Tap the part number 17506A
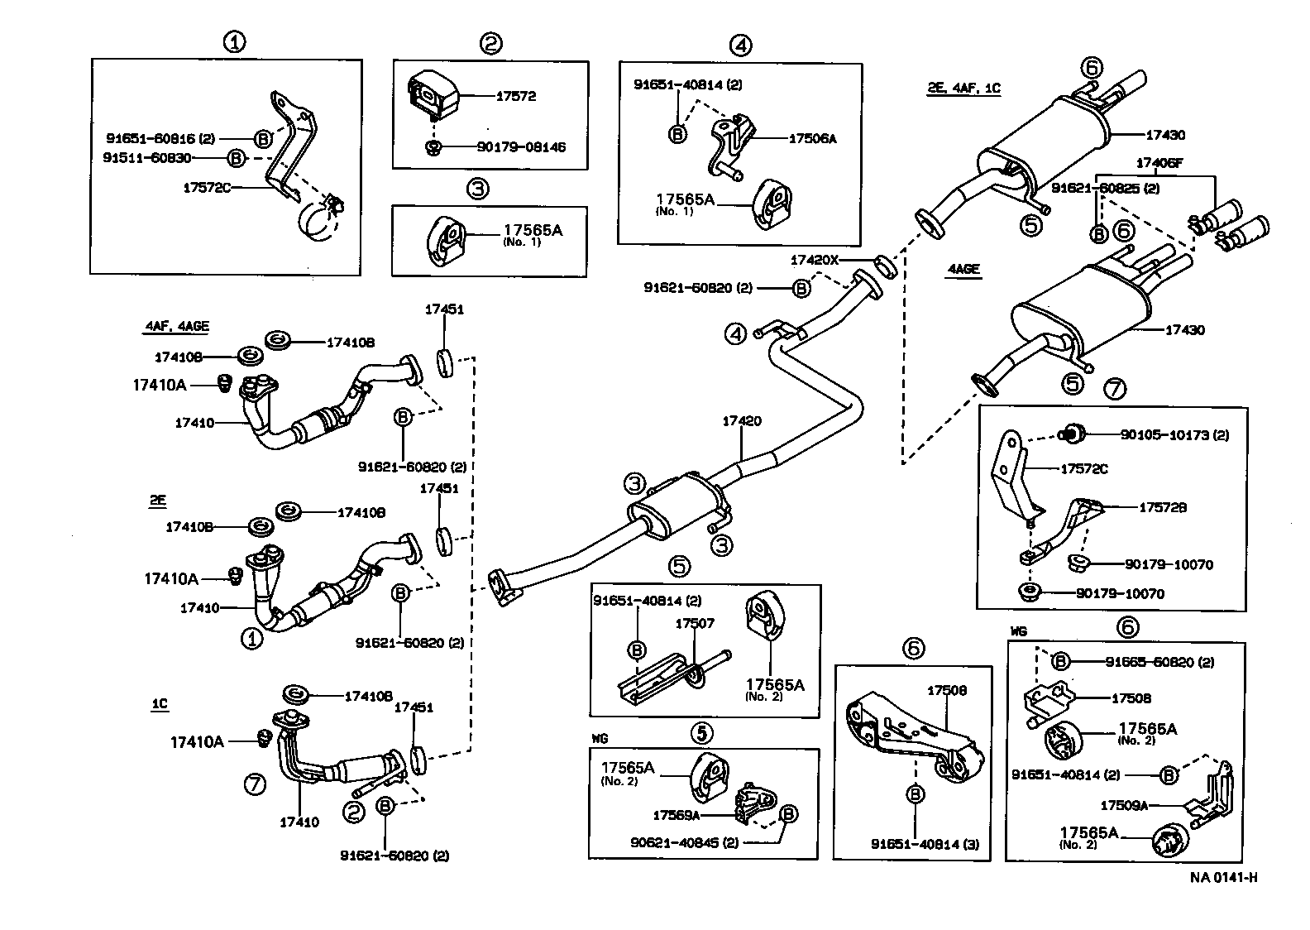pyautogui.click(x=812, y=139)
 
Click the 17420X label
pyautogui.click(x=814, y=259)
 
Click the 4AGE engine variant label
pyautogui.click(x=963, y=269)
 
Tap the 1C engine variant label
pyautogui.click(x=159, y=704)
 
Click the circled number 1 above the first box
pyautogui.click(x=236, y=42)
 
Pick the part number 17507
pyautogui.click(x=694, y=623)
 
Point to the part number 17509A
pyautogui.click(x=1125, y=804)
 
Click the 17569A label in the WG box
pyautogui.click(x=676, y=815)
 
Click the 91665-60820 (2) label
pyautogui.click(x=1160, y=661)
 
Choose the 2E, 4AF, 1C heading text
pyautogui.click(x=963, y=88)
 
